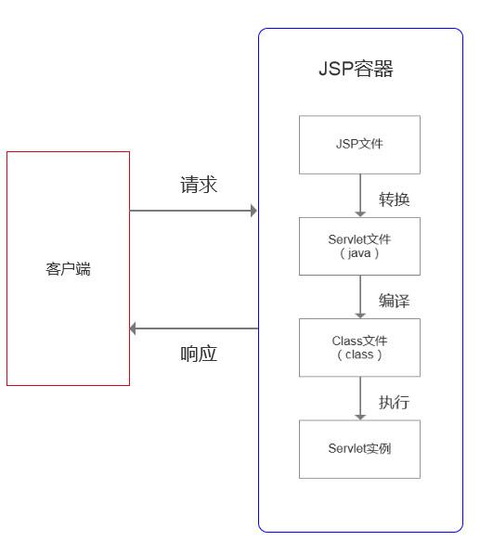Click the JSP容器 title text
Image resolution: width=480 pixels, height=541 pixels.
coord(356,70)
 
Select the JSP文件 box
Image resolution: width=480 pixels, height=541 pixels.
coord(359,145)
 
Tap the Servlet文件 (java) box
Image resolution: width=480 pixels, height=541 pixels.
coord(359,246)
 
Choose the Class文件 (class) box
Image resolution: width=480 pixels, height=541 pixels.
coord(359,347)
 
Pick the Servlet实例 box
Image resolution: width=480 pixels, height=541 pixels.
coord(359,449)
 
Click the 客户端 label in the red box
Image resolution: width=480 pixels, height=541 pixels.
coord(68,270)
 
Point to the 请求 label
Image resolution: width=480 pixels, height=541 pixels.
coord(199,185)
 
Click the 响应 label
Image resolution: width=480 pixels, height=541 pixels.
coord(199,354)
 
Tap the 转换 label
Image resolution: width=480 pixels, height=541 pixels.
coord(394,200)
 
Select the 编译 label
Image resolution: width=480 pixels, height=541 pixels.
coord(394,301)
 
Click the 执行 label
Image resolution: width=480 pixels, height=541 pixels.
coord(394,403)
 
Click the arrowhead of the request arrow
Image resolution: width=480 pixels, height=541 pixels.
coord(253,211)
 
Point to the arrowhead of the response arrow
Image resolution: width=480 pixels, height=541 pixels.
coord(135,328)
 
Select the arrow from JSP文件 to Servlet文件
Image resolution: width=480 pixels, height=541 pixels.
coord(360,196)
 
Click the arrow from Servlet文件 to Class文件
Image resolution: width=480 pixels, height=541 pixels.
coord(360,297)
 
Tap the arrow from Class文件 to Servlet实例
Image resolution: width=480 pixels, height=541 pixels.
coord(360,398)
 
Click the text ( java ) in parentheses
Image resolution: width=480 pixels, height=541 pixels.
coord(359,253)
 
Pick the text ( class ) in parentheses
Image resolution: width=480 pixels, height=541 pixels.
coord(359,354)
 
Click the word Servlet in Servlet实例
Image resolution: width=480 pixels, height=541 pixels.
coord(348,449)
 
